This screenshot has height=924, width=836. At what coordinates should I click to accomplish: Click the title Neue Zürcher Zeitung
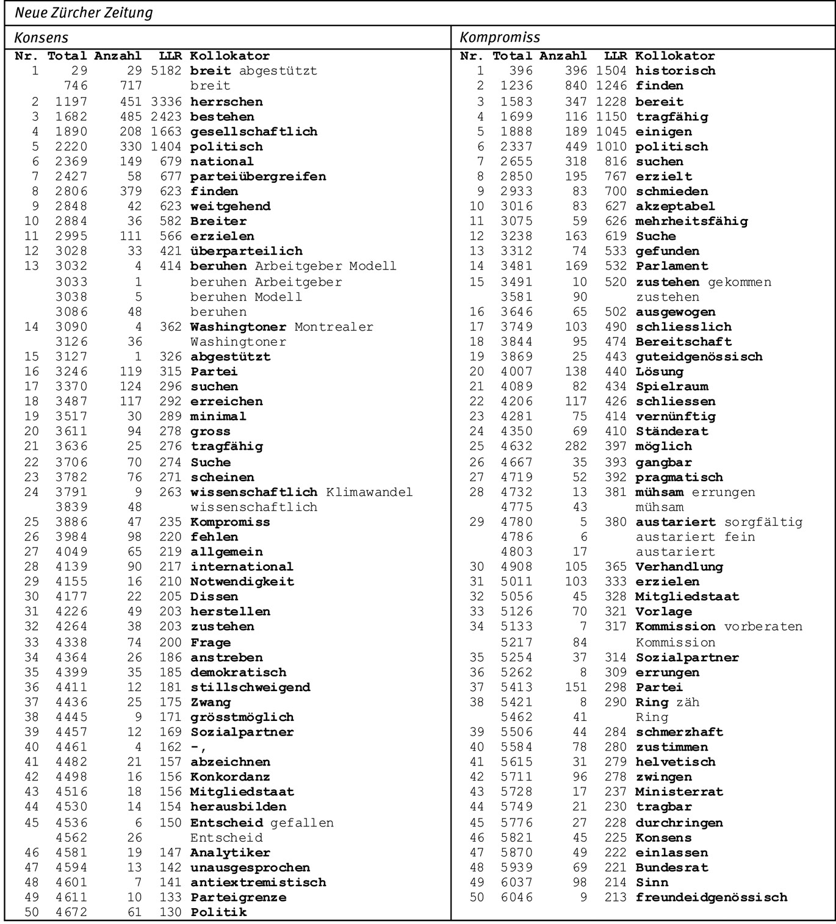tap(84, 13)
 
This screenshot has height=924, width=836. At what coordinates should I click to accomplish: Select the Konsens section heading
tap(41, 38)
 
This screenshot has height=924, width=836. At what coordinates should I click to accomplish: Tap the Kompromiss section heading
tap(500, 38)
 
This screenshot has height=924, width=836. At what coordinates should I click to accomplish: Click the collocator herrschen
tap(226, 101)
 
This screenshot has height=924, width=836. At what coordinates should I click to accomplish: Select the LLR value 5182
tap(166, 71)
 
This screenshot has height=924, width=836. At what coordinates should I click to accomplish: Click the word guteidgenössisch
tap(699, 357)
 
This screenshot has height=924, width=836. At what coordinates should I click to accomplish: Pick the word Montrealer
tap(334, 327)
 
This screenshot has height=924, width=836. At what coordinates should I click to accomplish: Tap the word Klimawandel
tap(369, 492)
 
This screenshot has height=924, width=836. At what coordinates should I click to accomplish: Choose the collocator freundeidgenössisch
tap(712, 897)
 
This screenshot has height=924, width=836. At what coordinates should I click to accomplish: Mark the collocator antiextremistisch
tap(258, 883)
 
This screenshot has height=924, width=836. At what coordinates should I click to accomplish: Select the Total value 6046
tap(516, 897)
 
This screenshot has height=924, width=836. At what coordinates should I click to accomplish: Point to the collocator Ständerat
tap(672, 432)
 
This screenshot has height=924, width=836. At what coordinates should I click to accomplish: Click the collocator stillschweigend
tap(250, 687)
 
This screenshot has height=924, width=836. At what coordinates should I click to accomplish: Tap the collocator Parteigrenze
tap(239, 897)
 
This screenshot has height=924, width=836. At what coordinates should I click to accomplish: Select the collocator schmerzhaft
tap(679, 732)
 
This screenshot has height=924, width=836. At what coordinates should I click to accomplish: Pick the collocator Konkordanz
tap(230, 777)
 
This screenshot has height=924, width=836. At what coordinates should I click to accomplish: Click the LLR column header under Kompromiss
tap(615, 56)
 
